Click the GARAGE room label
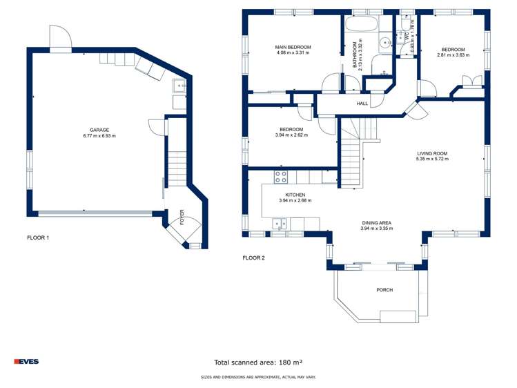[x=99, y=130]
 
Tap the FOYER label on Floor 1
[x=182, y=217]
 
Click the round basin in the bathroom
[x=386, y=42]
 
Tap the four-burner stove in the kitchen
[x=281, y=177]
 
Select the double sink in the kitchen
[x=280, y=223]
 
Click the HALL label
[x=362, y=104]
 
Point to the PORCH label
[x=384, y=290]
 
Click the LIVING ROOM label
[x=432, y=153]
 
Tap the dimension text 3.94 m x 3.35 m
[x=376, y=229]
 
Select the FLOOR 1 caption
[x=38, y=237]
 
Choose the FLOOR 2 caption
[x=253, y=258]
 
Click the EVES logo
[x=26, y=362]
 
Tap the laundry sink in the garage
[x=179, y=87]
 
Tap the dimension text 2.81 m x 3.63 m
[x=453, y=55]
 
